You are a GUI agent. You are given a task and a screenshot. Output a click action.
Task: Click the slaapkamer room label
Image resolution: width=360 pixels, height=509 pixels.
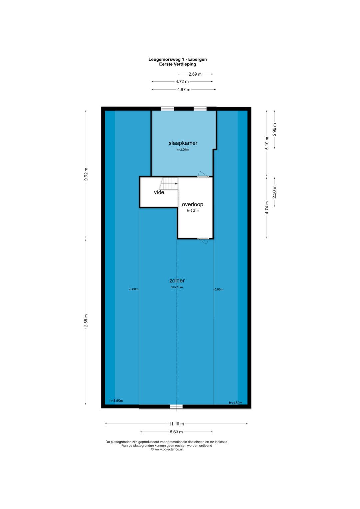click(183, 143)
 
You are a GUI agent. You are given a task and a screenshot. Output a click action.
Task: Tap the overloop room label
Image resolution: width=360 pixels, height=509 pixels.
click(192, 204)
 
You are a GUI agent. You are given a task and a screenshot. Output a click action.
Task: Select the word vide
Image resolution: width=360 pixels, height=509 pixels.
click(159, 192)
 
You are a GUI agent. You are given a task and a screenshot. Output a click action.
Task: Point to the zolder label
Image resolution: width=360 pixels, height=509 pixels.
click(177, 280)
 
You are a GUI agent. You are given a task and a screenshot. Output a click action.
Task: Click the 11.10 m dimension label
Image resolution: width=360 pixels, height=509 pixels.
click(176, 424)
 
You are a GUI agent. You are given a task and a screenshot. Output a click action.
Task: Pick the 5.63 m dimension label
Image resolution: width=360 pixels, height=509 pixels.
click(176, 432)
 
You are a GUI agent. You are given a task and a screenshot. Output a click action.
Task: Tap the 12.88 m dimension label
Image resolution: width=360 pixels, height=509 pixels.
click(86, 322)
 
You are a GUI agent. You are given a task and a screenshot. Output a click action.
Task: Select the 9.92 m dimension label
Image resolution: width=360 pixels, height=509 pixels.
click(86, 174)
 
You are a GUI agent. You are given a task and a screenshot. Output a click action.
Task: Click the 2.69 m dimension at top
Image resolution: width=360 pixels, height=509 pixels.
click(195, 74)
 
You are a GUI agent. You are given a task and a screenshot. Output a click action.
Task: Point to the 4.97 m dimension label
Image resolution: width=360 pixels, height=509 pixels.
click(184, 90)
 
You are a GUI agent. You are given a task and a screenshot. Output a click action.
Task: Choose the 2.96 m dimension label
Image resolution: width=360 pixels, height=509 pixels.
click(275, 130)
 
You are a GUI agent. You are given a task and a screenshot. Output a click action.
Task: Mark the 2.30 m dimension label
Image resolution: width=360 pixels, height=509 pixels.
click(275, 192)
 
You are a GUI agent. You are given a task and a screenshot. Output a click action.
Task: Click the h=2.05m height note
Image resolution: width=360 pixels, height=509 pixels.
click(183, 150)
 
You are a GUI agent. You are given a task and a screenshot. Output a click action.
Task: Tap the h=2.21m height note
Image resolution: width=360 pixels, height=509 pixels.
click(193, 211)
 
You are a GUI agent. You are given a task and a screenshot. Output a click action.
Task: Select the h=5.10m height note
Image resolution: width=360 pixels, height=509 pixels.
click(177, 287)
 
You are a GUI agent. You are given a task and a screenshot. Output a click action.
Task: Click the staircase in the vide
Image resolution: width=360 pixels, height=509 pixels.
click(169, 184)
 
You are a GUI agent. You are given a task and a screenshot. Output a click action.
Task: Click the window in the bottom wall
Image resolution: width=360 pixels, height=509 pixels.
click(176, 407)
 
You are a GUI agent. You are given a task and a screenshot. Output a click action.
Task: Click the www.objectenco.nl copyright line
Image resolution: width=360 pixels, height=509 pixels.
click(167, 449)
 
